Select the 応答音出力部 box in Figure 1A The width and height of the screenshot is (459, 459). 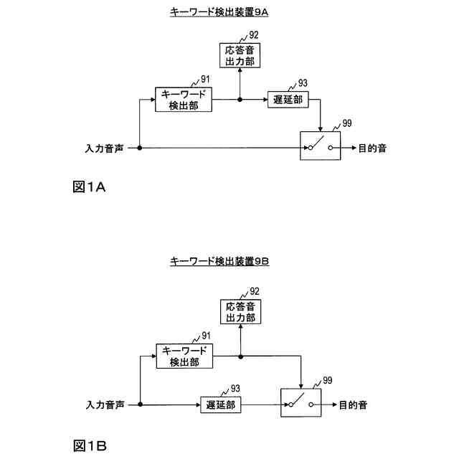pos(240,55)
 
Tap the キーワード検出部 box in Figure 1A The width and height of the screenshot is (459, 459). pos(184,99)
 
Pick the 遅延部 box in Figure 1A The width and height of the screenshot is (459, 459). pos(288,99)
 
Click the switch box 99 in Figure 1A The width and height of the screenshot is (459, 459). pos(320,147)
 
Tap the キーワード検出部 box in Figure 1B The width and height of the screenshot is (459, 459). pos(184,356)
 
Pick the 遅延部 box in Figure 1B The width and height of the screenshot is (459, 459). pos(219,405)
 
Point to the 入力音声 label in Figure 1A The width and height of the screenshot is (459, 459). pos(104,148)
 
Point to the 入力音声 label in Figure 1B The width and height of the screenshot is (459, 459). pos(105,405)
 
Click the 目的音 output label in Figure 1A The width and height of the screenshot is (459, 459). pos(372,148)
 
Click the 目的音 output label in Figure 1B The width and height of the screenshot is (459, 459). pos(353,405)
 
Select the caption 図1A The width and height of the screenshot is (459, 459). pos(90,187)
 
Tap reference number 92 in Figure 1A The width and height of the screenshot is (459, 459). pos(254,34)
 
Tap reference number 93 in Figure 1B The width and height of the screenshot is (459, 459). pos(235,389)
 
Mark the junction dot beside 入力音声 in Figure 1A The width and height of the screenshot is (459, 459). pos(138,148)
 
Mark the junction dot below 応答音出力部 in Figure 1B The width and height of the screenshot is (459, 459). pos(240,356)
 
